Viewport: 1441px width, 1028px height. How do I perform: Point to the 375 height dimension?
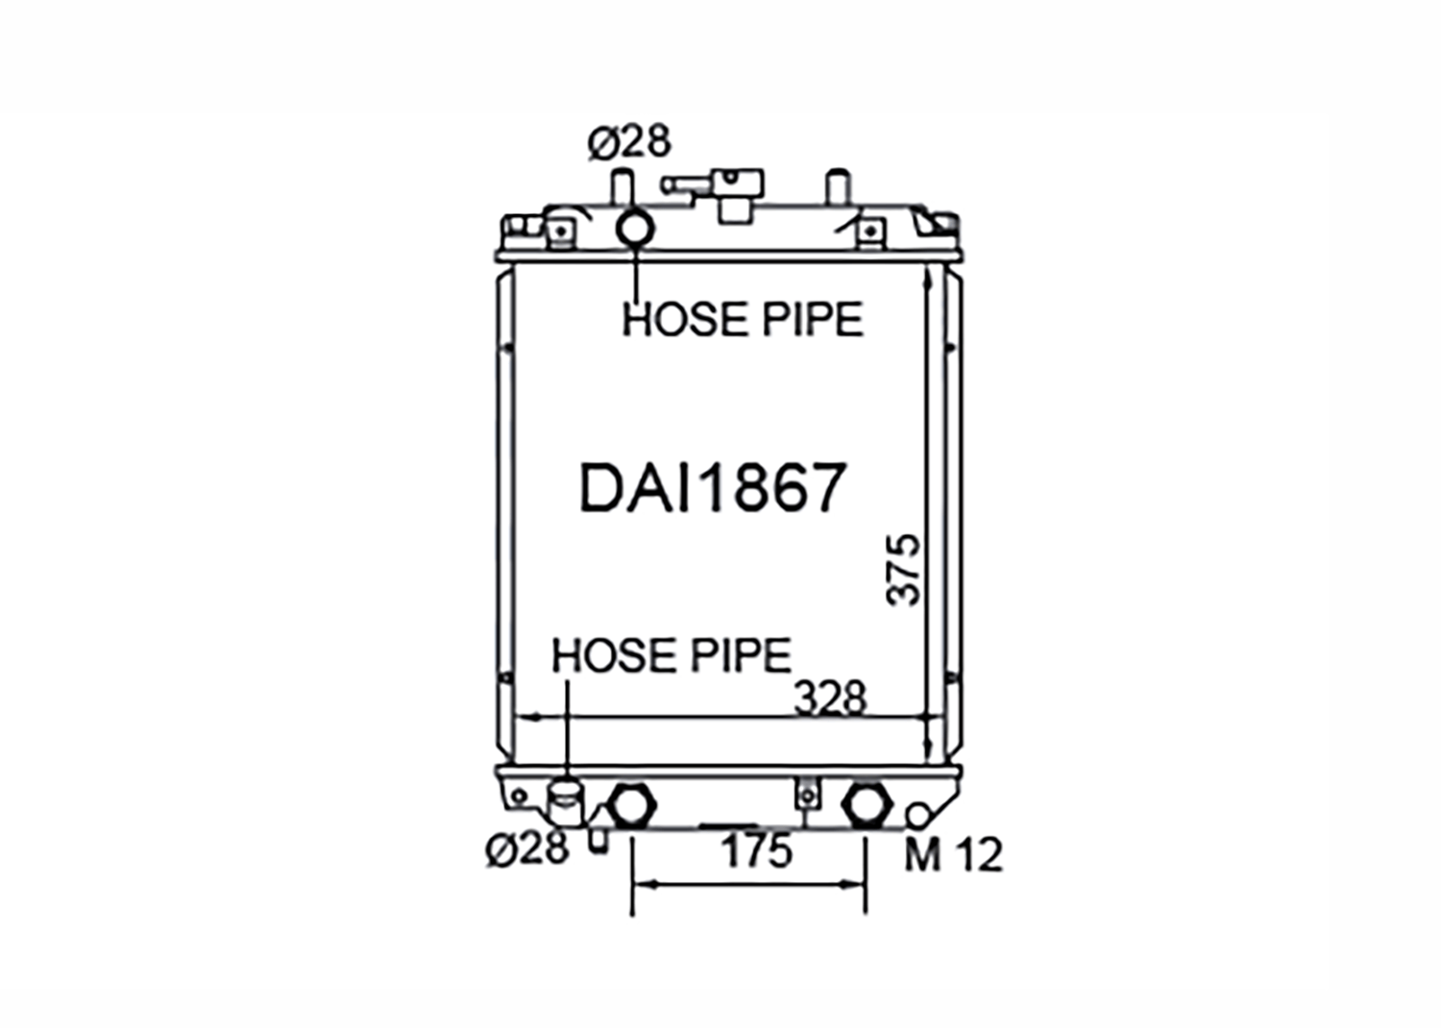(x=904, y=569)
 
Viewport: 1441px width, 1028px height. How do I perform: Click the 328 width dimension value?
(x=831, y=698)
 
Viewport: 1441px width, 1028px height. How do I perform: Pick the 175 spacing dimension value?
(x=756, y=851)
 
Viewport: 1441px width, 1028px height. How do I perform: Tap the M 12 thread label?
(x=953, y=856)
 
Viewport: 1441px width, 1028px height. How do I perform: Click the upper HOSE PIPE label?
(x=743, y=319)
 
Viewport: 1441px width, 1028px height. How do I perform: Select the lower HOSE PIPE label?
(x=672, y=655)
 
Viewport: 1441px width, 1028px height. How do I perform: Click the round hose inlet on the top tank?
(x=636, y=229)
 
